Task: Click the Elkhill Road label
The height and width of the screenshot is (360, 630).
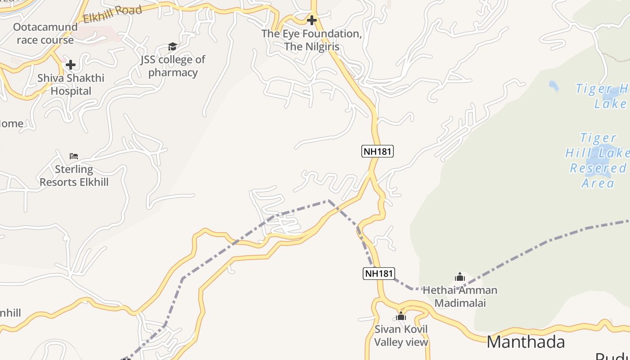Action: tap(112, 13)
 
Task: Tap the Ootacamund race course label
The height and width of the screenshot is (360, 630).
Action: tap(45, 33)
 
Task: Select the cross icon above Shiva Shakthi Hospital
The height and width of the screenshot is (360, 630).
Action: tap(71, 65)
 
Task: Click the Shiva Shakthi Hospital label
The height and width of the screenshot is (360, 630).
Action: tap(71, 85)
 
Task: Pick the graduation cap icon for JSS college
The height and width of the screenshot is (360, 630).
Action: tap(172, 46)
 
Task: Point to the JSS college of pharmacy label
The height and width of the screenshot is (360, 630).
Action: tap(173, 66)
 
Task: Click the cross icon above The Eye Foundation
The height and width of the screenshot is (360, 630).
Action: tap(311, 20)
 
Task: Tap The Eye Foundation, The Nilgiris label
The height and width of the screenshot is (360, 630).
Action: tap(312, 40)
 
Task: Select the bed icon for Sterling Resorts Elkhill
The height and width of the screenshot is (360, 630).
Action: tap(74, 156)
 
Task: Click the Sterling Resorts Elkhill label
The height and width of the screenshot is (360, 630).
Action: tap(74, 175)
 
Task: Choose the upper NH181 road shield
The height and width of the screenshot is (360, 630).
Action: tap(378, 151)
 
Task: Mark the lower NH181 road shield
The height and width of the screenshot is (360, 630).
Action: tap(378, 273)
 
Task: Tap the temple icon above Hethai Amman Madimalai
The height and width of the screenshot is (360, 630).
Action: tap(459, 277)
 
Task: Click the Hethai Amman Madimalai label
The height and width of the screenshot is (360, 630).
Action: tap(460, 297)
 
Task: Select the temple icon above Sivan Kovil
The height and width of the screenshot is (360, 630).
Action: tap(401, 316)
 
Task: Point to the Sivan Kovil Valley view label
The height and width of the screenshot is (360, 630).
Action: tap(401, 336)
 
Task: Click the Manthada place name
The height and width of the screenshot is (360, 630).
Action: tap(526, 342)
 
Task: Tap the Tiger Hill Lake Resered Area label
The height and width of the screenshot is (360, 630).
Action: tap(598, 160)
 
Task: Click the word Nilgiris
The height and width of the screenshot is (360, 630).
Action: tap(322, 47)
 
